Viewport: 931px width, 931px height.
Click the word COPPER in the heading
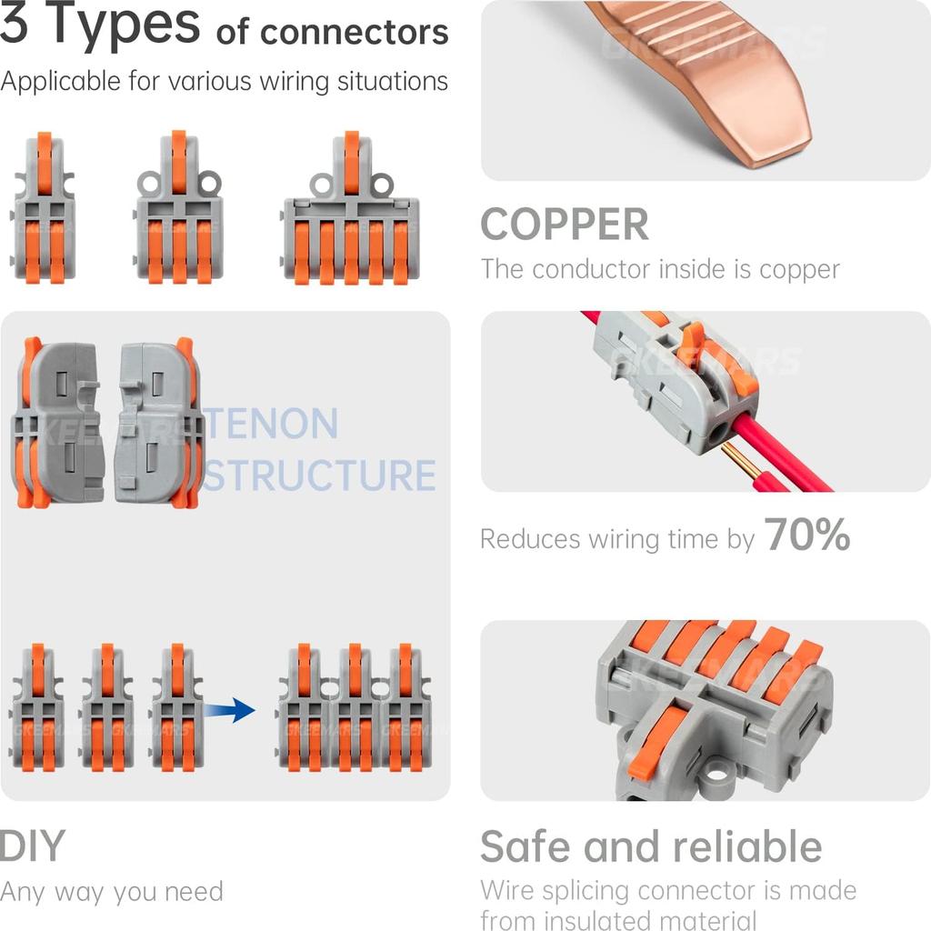[565, 225]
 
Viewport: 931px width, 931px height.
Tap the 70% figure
[807, 536]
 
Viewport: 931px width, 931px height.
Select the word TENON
[272, 425]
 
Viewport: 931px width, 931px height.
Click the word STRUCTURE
[319, 476]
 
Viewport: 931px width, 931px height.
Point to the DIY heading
[33, 846]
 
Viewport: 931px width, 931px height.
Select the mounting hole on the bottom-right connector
[718, 776]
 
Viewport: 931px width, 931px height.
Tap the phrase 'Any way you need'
[111, 892]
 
